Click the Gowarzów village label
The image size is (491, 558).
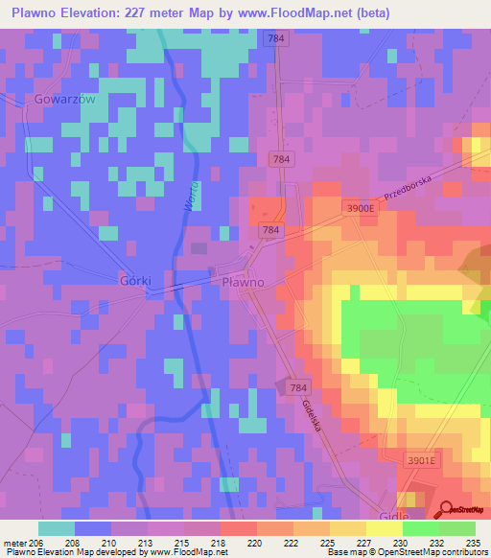click(x=64, y=99)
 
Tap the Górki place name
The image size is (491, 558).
click(x=139, y=282)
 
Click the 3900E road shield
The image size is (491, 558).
click(x=359, y=208)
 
